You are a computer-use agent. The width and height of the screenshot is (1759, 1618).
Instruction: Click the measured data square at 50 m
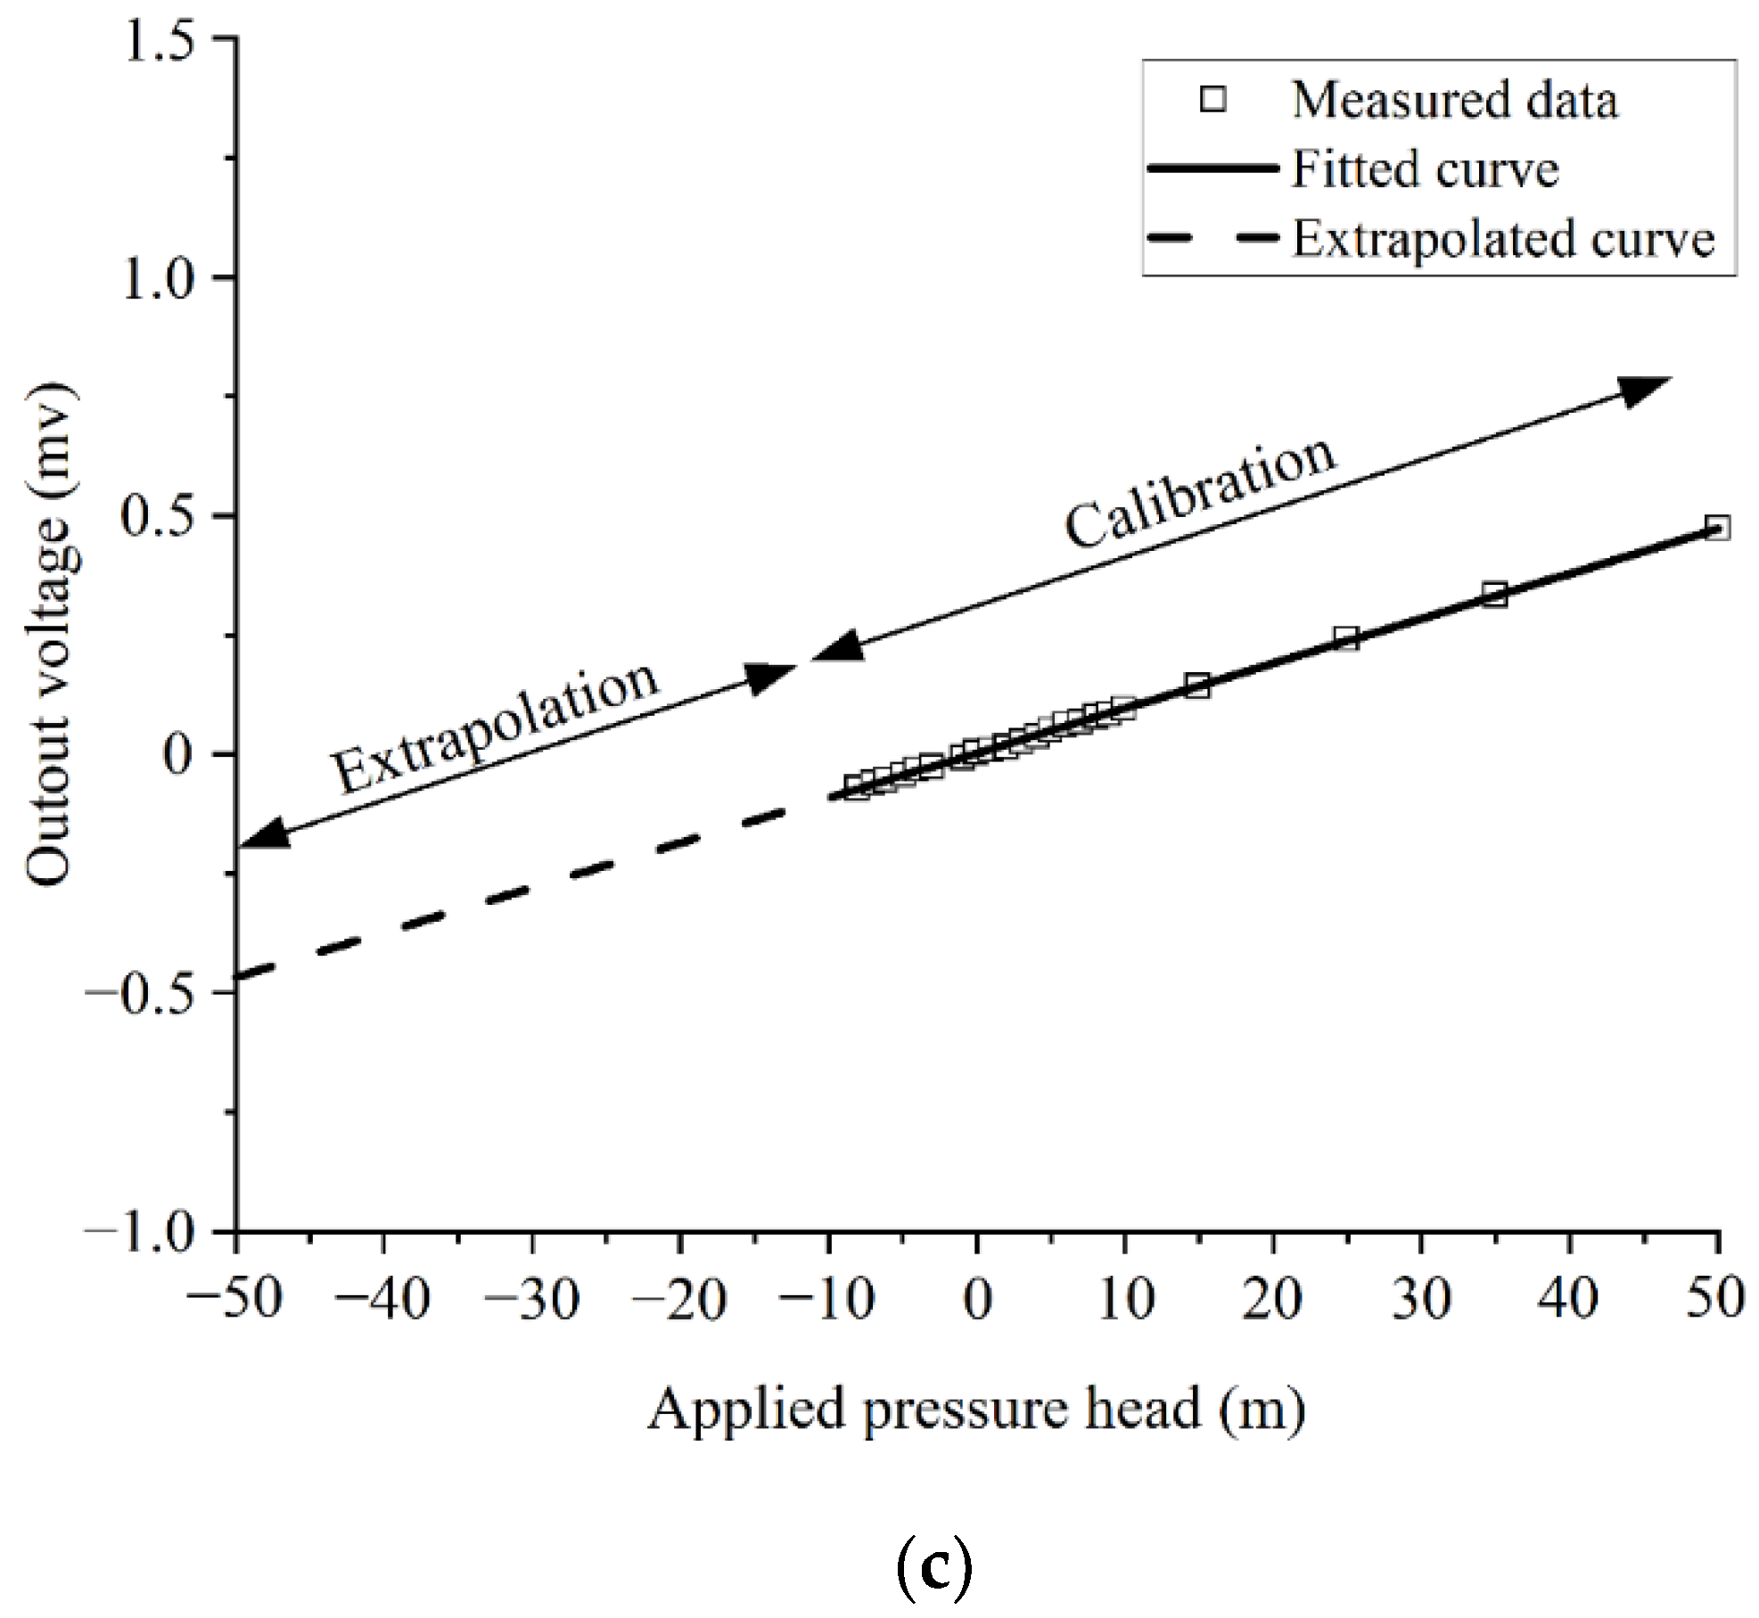click(x=1717, y=528)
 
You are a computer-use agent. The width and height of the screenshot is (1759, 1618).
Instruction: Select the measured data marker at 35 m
click(x=1495, y=595)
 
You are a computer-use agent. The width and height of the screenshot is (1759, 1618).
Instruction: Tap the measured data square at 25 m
click(x=1346, y=638)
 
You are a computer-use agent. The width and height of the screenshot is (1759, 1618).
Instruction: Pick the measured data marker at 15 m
click(x=1197, y=686)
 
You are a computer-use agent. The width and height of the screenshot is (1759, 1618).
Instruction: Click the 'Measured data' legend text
click(x=1454, y=100)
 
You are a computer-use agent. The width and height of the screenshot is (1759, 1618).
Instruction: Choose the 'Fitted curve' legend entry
click(x=1425, y=169)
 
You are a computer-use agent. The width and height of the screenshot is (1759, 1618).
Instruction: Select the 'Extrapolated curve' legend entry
click(x=1503, y=239)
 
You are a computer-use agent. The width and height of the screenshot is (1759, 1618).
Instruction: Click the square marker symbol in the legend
click(x=1213, y=100)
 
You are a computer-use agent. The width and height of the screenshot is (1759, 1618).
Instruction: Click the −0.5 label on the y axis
click(x=141, y=994)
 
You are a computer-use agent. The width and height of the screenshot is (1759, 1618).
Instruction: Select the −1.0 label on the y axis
click(x=141, y=1232)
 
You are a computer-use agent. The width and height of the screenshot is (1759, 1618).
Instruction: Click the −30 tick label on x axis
click(x=531, y=1301)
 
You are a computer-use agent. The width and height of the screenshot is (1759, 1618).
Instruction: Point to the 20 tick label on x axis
click(x=1272, y=1301)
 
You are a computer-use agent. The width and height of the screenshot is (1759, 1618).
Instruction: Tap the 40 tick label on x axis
click(x=1568, y=1301)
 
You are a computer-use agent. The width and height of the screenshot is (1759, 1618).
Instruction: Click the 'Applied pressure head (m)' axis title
click(x=976, y=1411)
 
